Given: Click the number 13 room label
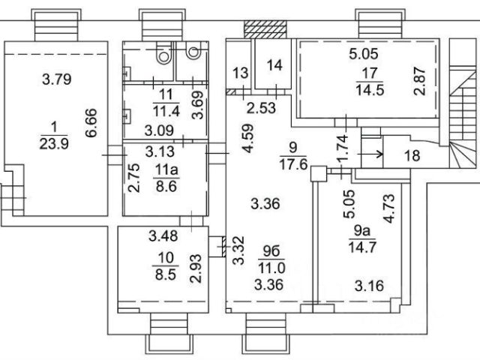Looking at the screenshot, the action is (x=240, y=73).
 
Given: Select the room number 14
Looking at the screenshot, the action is (x=274, y=66).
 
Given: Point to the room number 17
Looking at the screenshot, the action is (x=369, y=73).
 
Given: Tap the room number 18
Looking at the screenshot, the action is (x=411, y=156).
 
